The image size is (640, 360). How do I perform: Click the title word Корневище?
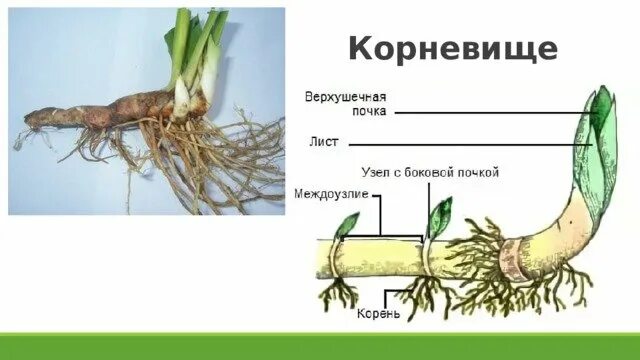[453, 48]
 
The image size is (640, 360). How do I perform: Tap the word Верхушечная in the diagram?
[345, 97]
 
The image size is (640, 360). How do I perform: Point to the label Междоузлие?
[324, 192]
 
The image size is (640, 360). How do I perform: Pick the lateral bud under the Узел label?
[439, 212]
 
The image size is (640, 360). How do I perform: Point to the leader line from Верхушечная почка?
[490, 113]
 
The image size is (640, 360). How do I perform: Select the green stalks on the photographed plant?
[195, 45]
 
